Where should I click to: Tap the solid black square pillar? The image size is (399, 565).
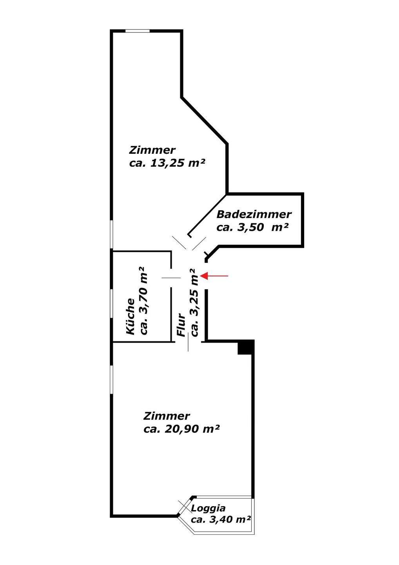[x=246, y=347]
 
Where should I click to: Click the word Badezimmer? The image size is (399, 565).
[x=254, y=215]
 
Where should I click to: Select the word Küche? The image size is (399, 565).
[x=131, y=316]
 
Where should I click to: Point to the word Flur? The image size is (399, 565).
[x=181, y=325]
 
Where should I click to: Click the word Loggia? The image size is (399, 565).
[x=208, y=508]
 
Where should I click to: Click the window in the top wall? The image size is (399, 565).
[x=137, y=31]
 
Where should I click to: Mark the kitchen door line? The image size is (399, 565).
[x=171, y=278]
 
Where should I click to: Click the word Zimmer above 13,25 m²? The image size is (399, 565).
[x=152, y=150]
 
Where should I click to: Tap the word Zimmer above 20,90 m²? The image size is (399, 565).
[x=167, y=416]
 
